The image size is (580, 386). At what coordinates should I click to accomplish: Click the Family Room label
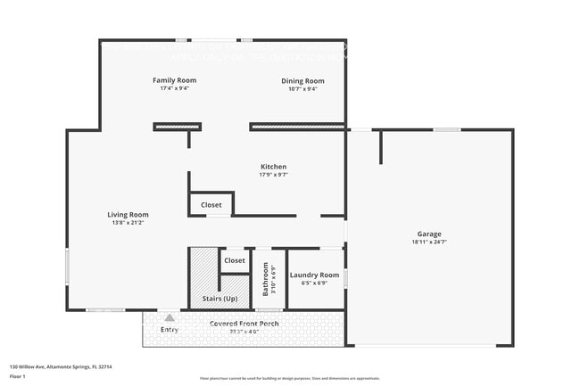174,80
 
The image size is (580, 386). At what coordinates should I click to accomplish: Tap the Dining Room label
302,80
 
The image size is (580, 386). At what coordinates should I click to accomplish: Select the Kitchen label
273,167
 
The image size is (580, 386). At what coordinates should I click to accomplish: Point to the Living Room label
128,214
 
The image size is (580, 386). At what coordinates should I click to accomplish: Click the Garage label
428,234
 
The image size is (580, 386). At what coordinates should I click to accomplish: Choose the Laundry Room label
315,275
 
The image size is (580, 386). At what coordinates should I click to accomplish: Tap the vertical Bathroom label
265,278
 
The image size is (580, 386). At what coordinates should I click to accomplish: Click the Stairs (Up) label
220,299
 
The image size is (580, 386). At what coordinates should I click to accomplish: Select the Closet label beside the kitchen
211,205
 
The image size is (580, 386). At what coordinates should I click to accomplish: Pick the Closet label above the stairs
235,260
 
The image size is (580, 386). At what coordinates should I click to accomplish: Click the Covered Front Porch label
244,323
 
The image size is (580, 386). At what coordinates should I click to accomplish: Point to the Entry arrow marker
170,316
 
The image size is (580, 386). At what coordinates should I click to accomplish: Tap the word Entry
170,330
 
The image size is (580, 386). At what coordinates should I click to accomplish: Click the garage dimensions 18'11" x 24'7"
428,242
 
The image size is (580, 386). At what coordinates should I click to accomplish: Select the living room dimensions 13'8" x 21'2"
128,222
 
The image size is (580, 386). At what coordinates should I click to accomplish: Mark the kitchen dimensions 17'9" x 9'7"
273,175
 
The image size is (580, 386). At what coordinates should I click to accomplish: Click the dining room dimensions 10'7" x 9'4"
302,88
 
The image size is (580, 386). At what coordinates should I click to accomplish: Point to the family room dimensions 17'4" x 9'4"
174,88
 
